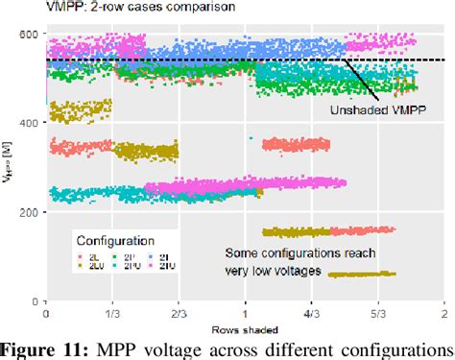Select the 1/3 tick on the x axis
[x=112, y=312]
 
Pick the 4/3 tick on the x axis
[x=311, y=312]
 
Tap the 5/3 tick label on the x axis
[x=377, y=312]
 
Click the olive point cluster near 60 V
[x=362, y=275]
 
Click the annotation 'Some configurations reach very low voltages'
[x=299, y=261]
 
